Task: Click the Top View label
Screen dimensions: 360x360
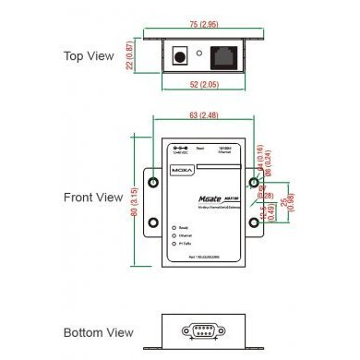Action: [90, 56]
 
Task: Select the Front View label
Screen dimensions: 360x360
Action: [93, 198]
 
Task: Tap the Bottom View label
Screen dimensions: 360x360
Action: [98, 332]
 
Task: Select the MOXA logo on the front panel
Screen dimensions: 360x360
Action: [180, 169]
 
